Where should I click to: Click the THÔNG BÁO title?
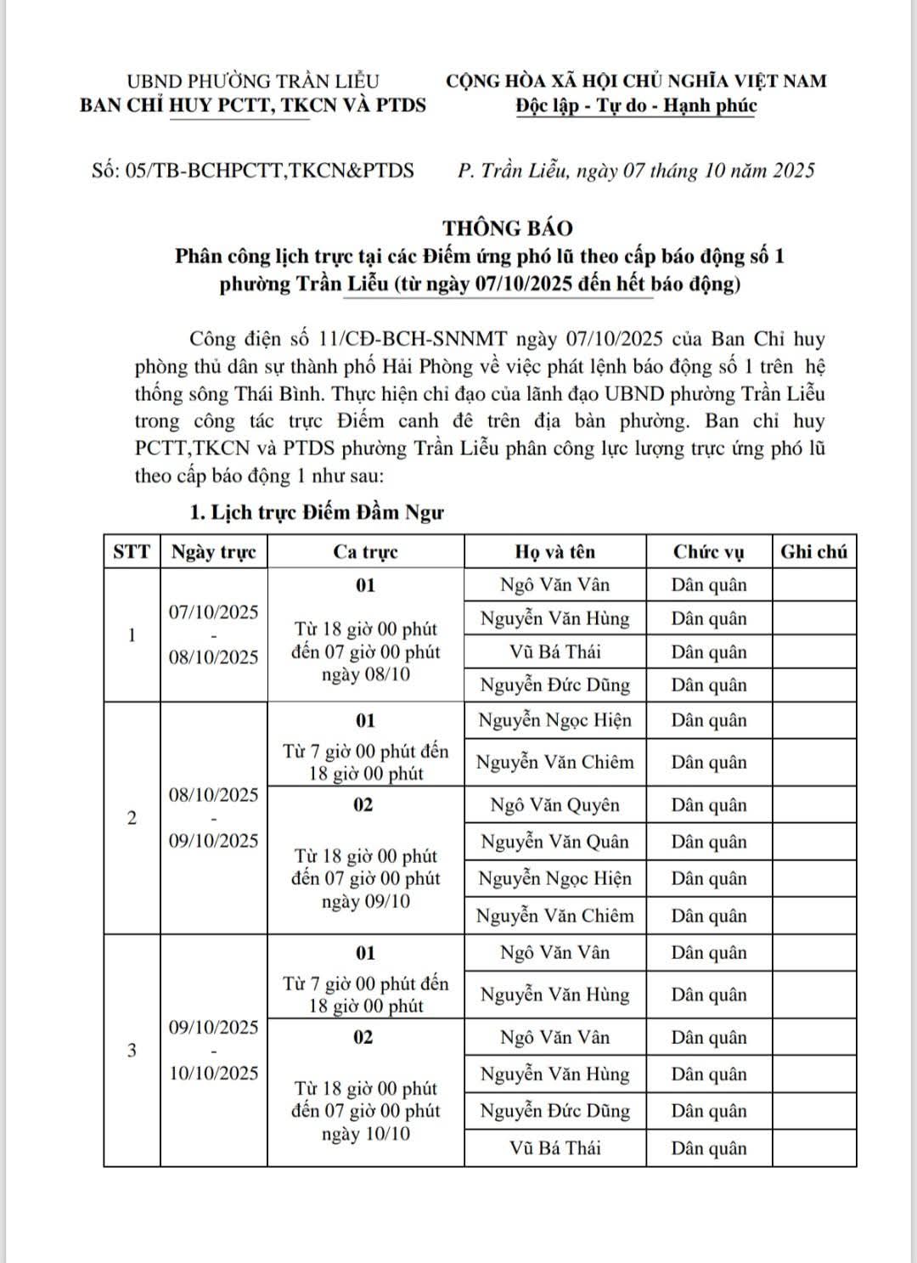pos(508,228)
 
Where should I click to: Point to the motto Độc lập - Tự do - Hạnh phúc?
pos(636,105)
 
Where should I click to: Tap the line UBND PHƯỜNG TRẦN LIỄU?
pos(252,82)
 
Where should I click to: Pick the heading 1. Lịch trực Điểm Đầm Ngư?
pos(316,513)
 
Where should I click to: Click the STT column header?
pos(132,552)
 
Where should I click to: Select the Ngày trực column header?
pos(213,552)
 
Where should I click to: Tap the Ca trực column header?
pos(365,552)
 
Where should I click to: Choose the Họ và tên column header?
pos(554,552)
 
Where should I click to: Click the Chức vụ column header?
pos(708,552)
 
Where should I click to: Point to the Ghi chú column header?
pos(813,552)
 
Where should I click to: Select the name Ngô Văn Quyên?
pos(554,805)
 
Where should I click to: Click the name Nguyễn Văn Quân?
pos(554,842)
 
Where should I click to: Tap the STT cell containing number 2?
pos(132,819)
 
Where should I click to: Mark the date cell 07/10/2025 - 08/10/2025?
pos(213,634)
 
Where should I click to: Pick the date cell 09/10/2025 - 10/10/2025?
pos(213,1050)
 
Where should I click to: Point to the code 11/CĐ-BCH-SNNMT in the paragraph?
pos(408,340)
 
